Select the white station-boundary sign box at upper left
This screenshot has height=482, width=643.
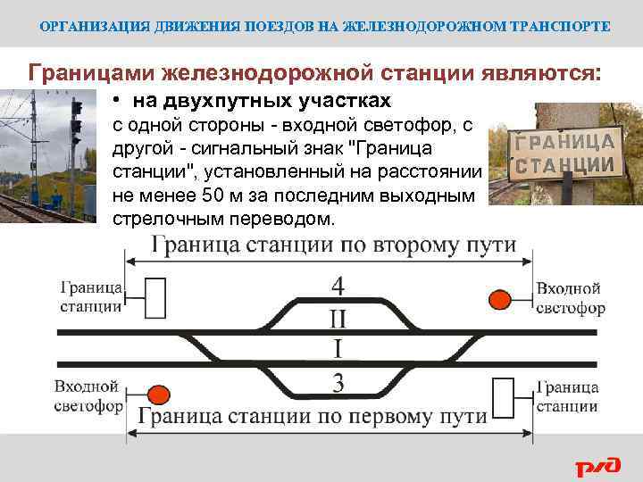click(154, 297)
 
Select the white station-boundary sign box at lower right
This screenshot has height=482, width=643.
click(505, 396)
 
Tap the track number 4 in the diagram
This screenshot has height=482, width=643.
click(338, 287)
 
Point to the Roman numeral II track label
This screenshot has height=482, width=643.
click(338, 319)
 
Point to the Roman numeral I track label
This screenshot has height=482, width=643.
click(338, 349)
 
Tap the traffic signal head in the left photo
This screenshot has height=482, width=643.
click(77, 125)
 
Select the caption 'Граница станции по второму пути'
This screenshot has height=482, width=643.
click(334, 246)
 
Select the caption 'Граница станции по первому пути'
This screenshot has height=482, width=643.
click(313, 416)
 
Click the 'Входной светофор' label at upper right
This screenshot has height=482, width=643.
click(570, 299)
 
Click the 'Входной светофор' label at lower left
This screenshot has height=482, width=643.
click(87, 396)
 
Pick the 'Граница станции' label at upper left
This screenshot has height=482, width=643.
click(91, 297)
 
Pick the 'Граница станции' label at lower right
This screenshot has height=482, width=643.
click(567, 397)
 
